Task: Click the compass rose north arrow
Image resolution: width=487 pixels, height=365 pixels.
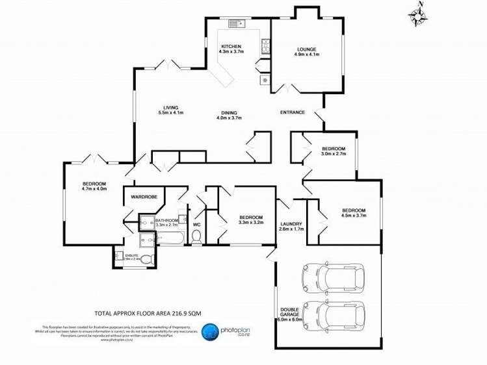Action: [417, 15]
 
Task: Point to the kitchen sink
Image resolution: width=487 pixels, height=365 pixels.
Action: [235, 24]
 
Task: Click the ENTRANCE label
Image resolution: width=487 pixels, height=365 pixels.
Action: [293, 112]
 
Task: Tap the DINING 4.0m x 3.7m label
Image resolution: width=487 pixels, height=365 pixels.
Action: [228, 115]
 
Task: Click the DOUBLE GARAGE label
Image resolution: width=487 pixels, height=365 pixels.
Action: [289, 313]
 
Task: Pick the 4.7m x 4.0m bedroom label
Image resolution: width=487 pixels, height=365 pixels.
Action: [94, 186]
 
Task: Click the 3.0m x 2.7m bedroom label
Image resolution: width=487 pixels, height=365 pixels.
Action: [333, 151]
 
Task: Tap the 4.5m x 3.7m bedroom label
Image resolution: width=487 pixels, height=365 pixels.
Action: [354, 213]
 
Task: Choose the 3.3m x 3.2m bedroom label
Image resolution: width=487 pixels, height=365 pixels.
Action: [250, 220]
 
